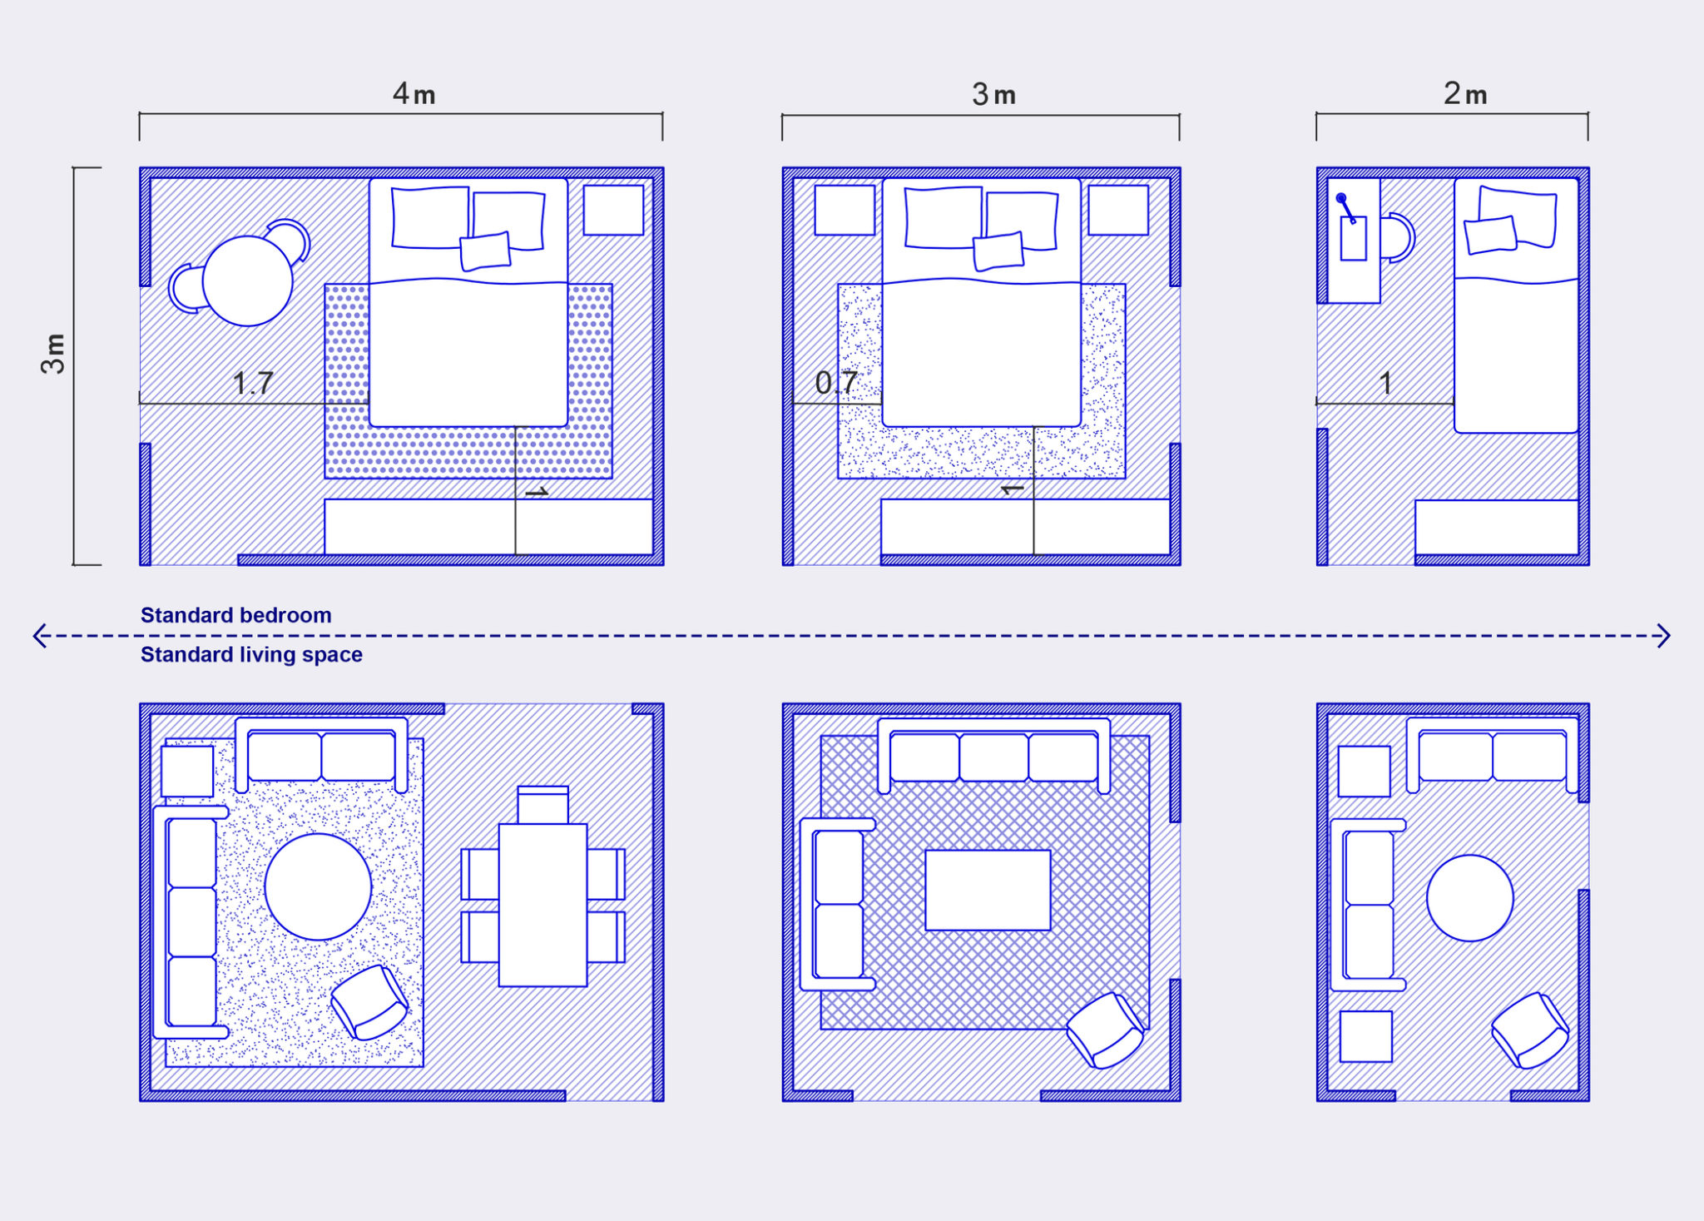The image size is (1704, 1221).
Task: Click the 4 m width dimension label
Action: click(x=414, y=94)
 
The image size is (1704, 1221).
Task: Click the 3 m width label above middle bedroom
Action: click(x=993, y=95)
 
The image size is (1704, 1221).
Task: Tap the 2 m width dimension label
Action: click(x=1464, y=94)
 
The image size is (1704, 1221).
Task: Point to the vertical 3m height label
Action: click(x=54, y=354)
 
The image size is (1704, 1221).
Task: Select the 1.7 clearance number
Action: click(x=253, y=383)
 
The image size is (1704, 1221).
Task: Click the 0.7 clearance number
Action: click(x=835, y=383)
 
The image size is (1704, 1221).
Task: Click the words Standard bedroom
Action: click(x=235, y=615)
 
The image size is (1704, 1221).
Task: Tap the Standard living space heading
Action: click(x=251, y=654)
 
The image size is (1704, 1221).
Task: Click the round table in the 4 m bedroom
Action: click(x=248, y=280)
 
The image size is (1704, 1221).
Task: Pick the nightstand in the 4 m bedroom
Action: click(x=613, y=210)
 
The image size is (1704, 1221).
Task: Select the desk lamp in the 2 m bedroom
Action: click(x=1345, y=207)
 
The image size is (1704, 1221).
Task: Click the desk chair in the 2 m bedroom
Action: click(x=1398, y=238)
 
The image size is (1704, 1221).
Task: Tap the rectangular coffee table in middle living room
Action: click(x=988, y=890)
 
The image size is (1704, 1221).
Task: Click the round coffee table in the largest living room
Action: click(x=318, y=886)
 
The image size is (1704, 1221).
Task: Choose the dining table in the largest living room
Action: click(x=542, y=905)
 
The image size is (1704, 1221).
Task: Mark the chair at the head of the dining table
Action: click(x=542, y=804)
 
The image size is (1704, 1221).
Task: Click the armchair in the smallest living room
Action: click(x=1529, y=1030)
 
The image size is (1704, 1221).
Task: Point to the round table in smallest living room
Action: click(x=1469, y=898)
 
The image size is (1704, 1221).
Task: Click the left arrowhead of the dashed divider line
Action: click(x=38, y=636)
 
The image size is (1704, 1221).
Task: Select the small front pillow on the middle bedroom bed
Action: click(x=998, y=251)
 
